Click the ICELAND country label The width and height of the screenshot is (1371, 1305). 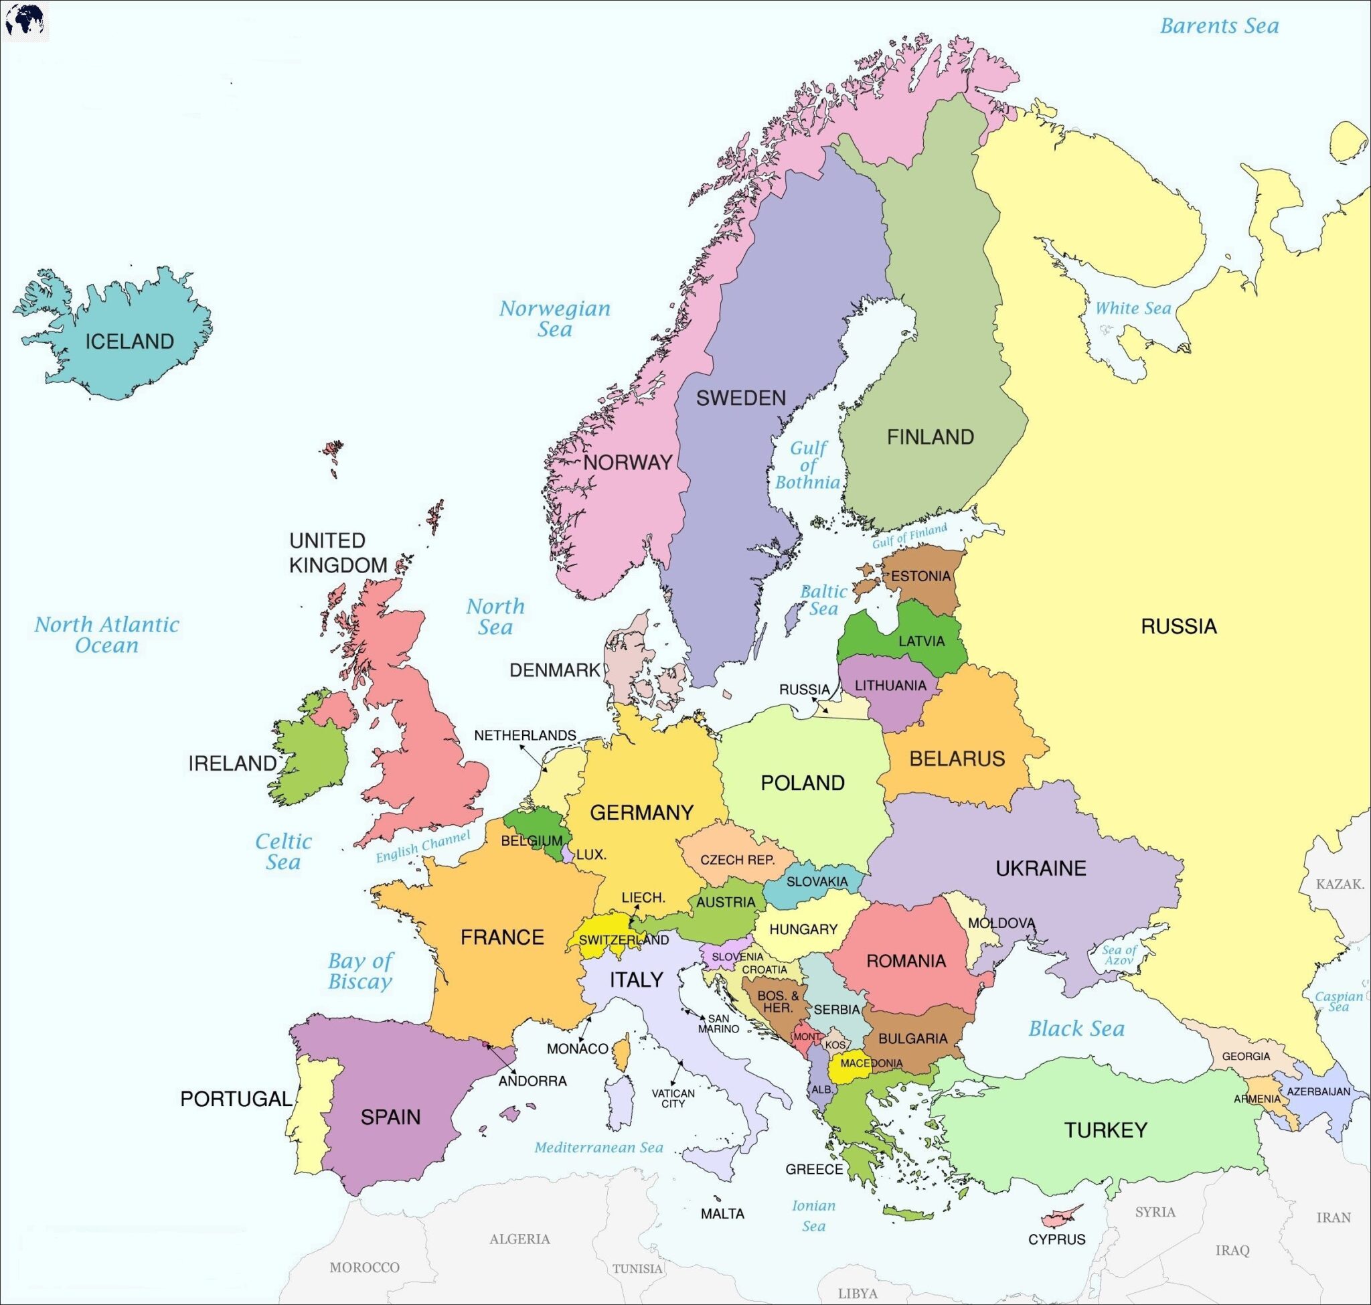pos(129,341)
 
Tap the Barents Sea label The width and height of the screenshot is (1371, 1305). pos(1218,26)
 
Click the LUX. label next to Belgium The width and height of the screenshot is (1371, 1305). pos(591,855)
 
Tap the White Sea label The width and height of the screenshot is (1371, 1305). pos(1133,308)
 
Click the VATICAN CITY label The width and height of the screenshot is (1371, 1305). pos(673,1098)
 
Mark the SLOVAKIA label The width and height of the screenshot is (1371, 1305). pos(817,882)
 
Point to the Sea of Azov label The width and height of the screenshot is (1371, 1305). pos(1119,955)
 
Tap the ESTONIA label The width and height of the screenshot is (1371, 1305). pos(920,576)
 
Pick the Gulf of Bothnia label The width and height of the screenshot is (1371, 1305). pos(807,465)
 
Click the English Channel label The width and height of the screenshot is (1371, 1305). pos(423,846)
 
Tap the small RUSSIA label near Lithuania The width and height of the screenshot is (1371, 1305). pos(804,690)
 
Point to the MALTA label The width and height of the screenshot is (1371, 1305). pos(722,1214)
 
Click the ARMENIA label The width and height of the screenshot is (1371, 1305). pos(1257,1099)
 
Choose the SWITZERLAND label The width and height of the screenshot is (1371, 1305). pos(623,941)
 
